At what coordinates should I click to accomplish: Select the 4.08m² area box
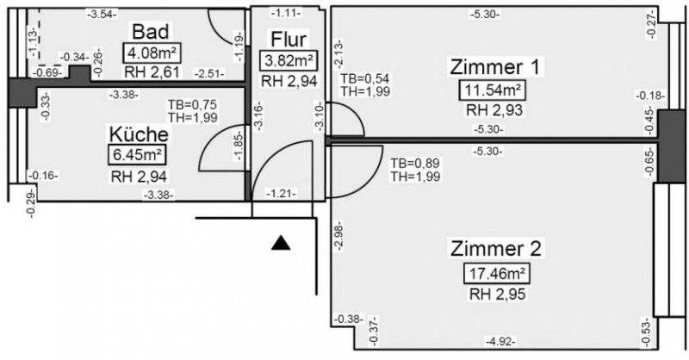tap(149, 53)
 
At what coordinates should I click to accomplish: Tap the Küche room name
tap(138, 134)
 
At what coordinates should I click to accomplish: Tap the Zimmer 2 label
tap(495, 250)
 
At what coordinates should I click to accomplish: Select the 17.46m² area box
tap(495, 275)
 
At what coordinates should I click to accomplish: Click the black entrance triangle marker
tap(280, 244)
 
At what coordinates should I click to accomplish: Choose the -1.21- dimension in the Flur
tap(282, 193)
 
